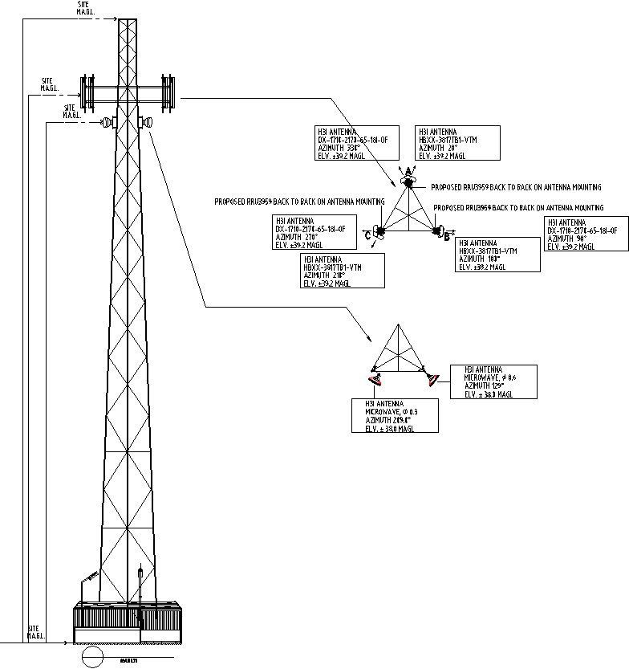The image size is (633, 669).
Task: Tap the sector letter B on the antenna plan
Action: (447, 235)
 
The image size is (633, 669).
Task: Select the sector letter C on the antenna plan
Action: (368, 235)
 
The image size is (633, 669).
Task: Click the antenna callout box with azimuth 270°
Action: (310, 233)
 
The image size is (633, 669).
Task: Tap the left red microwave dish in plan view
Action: (373, 377)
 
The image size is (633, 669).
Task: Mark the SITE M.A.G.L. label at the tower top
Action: (83, 8)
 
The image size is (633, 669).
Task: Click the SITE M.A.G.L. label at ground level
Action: (36, 632)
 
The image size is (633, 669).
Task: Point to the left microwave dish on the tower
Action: (106, 122)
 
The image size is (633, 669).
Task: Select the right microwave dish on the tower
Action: (147, 122)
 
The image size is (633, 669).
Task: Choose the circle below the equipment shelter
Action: (93, 658)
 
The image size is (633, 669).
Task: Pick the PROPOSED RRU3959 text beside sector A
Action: (515, 187)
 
